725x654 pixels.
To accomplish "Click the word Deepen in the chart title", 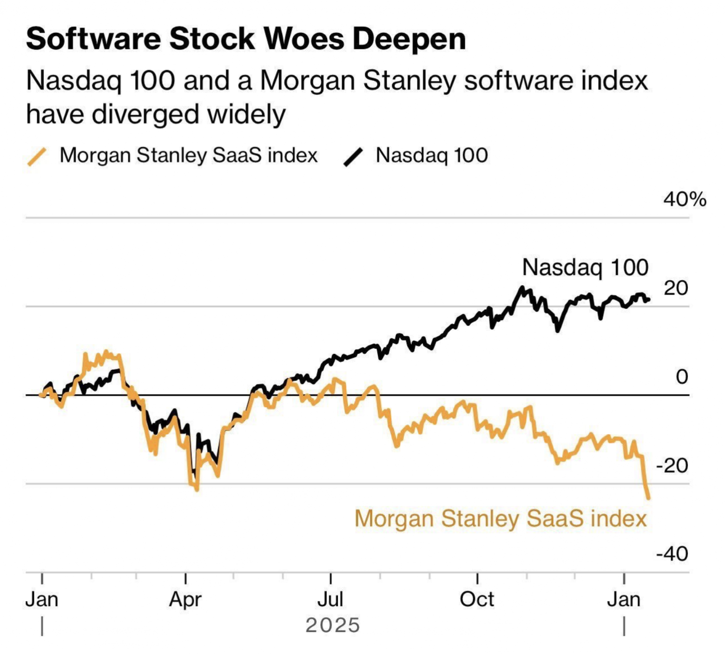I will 409,39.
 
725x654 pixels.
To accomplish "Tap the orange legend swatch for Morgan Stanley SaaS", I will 37,156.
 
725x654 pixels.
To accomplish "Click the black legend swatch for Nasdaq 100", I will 353,157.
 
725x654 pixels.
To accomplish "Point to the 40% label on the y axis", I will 684,199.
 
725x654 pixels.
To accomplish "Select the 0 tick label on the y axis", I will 681,377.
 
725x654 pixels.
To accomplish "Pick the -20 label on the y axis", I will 672,465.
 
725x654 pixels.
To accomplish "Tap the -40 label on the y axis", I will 672,554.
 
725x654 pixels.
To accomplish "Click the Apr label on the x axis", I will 185,600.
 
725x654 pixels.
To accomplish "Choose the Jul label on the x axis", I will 330,600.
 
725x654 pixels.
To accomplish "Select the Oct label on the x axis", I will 477,600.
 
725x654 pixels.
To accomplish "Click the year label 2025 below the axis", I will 333,625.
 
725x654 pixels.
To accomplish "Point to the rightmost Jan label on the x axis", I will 624,600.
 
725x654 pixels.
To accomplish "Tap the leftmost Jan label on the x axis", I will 42,600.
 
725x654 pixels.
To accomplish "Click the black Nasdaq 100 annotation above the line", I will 585,268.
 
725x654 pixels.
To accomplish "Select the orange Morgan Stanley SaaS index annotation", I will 501,518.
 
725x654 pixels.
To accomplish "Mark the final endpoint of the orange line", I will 648,498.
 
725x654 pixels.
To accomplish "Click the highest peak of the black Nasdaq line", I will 522,288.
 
